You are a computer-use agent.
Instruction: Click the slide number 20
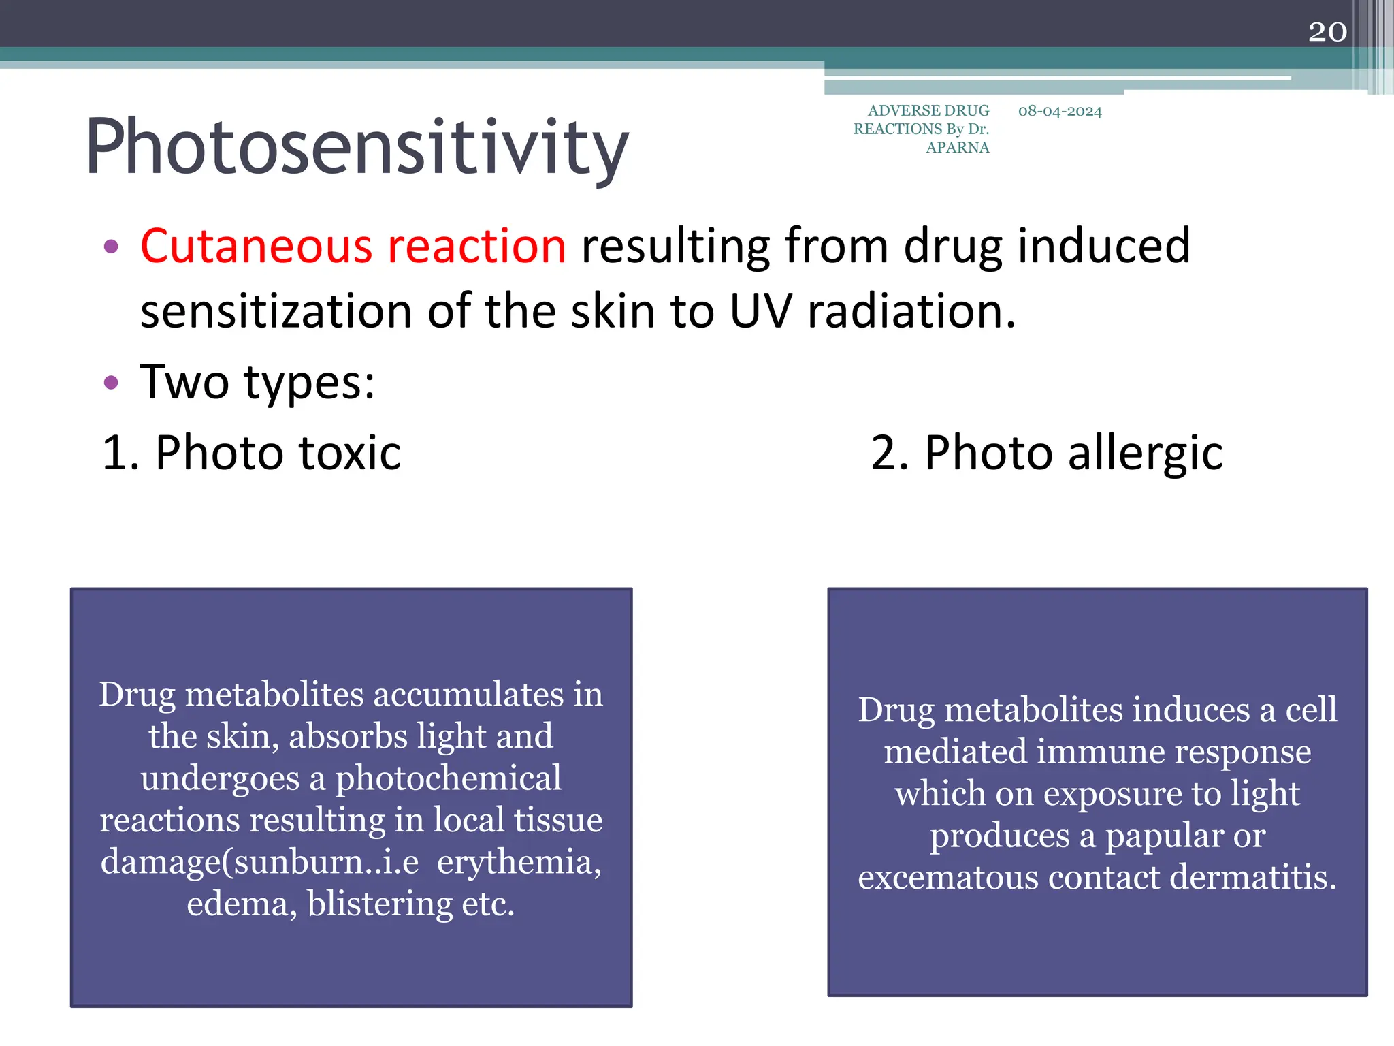pos(1327,32)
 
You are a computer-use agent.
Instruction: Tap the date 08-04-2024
pos(1059,111)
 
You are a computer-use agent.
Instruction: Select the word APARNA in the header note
pos(957,148)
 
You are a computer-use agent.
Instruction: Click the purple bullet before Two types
pos(111,382)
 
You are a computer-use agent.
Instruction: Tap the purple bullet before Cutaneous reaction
pos(111,246)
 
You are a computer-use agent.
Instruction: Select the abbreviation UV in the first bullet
pos(760,311)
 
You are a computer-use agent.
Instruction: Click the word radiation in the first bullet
pos(911,311)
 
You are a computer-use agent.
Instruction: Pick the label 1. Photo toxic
pos(251,452)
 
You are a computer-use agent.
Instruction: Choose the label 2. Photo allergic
pos(1046,452)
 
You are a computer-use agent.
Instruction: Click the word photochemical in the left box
pos(448,778)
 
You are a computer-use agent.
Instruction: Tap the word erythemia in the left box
pos(519,861)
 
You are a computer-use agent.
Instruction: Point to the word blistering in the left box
pos(380,904)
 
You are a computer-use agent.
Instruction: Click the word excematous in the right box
pos(947,877)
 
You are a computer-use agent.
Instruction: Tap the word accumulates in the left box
pos(468,695)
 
